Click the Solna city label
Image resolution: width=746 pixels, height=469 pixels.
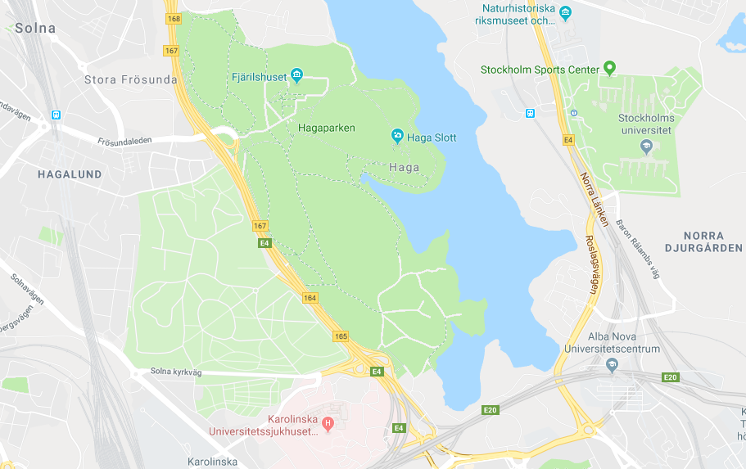[34, 29]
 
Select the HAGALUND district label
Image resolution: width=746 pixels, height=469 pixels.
[69, 174]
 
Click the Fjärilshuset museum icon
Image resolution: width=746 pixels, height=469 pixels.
[296, 76]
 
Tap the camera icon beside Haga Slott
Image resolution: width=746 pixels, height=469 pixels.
[397, 136]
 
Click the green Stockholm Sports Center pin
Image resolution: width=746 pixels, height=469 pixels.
[608, 68]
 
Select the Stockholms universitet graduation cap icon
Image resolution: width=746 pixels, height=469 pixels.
[644, 147]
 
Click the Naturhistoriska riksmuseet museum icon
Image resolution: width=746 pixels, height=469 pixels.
[564, 11]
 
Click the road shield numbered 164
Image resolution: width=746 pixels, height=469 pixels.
[310, 298]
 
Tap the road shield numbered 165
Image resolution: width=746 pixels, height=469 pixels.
[341, 336]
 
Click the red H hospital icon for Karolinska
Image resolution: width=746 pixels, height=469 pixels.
[328, 423]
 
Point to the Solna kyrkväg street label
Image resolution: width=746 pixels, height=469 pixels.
[175, 372]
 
